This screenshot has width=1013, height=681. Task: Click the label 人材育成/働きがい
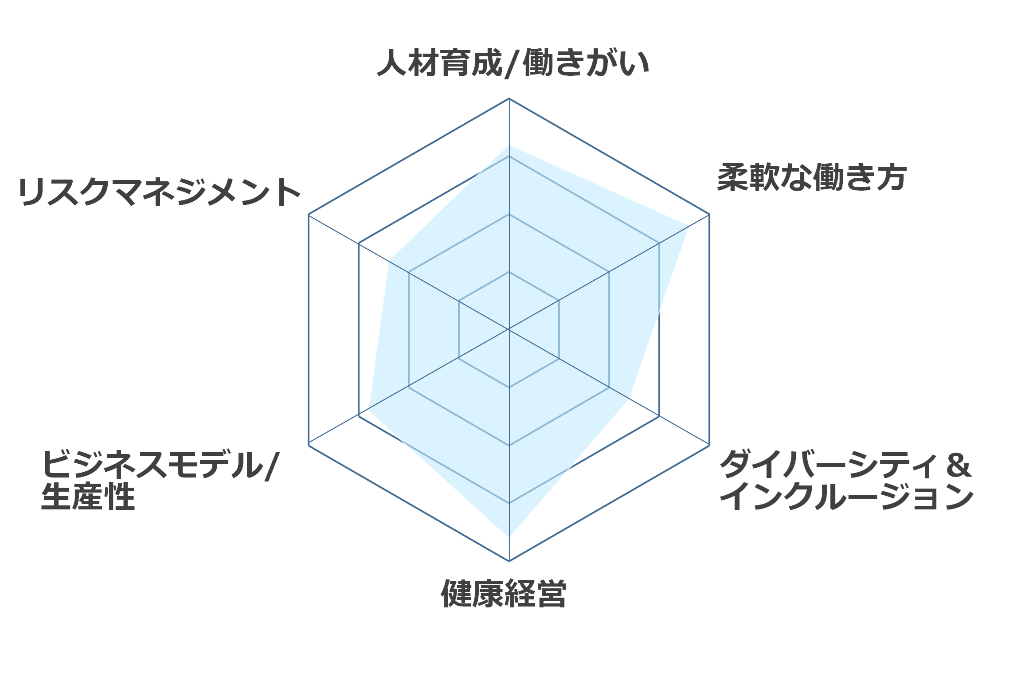click(x=513, y=63)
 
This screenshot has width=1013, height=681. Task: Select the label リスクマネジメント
click(x=160, y=192)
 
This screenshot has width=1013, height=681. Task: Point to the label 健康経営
click(x=504, y=593)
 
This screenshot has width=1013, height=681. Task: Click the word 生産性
click(x=88, y=497)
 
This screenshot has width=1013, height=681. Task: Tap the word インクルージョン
click(x=847, y=497)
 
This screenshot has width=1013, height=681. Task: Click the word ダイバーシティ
click(x=827, y=464)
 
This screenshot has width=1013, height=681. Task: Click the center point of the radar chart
click(x=509, y=329)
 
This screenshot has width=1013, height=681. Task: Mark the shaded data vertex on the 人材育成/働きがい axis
click(x=509, y=145)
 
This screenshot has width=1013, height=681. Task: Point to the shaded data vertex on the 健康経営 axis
click(x=509, y=537)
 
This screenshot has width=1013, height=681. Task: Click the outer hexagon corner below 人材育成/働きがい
click(x=509, y=98)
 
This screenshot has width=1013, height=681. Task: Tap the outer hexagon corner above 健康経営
click(x=509, y=561)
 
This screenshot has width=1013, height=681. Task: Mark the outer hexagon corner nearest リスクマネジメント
click(x=309, y=215)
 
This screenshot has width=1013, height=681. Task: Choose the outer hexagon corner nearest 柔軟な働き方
click(x=709, y=215)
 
